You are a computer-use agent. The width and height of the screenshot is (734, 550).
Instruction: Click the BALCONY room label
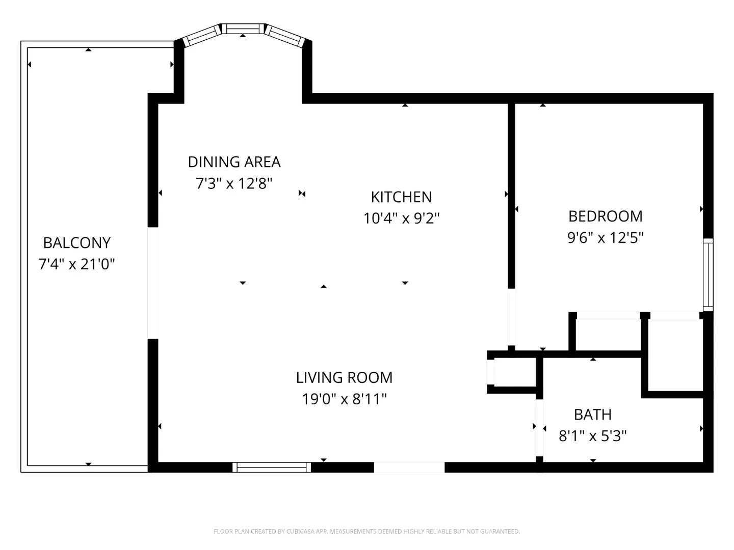point(77,243)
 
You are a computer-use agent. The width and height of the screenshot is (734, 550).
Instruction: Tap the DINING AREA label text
point(234,162)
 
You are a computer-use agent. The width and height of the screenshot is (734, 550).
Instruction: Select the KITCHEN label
point(401,197)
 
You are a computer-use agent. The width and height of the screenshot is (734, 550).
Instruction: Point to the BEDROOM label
point(605,216)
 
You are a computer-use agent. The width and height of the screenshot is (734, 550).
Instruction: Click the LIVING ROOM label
point(344,378)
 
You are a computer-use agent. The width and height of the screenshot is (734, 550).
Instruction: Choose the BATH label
point(592,415)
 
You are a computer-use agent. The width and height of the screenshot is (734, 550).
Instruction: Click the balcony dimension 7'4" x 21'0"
point(76,264)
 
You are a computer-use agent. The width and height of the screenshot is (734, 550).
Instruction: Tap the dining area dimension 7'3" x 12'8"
point(234,183)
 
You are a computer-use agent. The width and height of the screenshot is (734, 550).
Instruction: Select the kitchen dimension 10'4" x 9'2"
point(401,218)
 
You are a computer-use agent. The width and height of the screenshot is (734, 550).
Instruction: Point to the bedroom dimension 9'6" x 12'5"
point(605,238)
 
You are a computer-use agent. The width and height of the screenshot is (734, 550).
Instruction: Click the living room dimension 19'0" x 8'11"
point(344,399)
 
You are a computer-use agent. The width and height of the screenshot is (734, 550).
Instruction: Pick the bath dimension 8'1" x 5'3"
point(592,436)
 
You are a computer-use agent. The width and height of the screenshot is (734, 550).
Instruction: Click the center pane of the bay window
point(243,29)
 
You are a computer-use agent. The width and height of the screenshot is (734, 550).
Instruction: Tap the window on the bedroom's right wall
point(708,275)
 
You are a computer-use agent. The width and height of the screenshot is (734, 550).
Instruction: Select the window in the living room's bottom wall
point(272,467)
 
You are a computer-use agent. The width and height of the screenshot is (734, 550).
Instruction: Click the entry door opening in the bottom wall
point(409,467)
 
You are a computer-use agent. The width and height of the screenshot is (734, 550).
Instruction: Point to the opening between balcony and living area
point(153,283)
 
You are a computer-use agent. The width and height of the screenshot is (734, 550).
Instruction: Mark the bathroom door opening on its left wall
point(539,428)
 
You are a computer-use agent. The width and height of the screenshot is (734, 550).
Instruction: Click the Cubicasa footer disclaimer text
point(367,531)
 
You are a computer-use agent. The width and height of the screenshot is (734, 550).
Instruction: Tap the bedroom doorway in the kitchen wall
point(511,317)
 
